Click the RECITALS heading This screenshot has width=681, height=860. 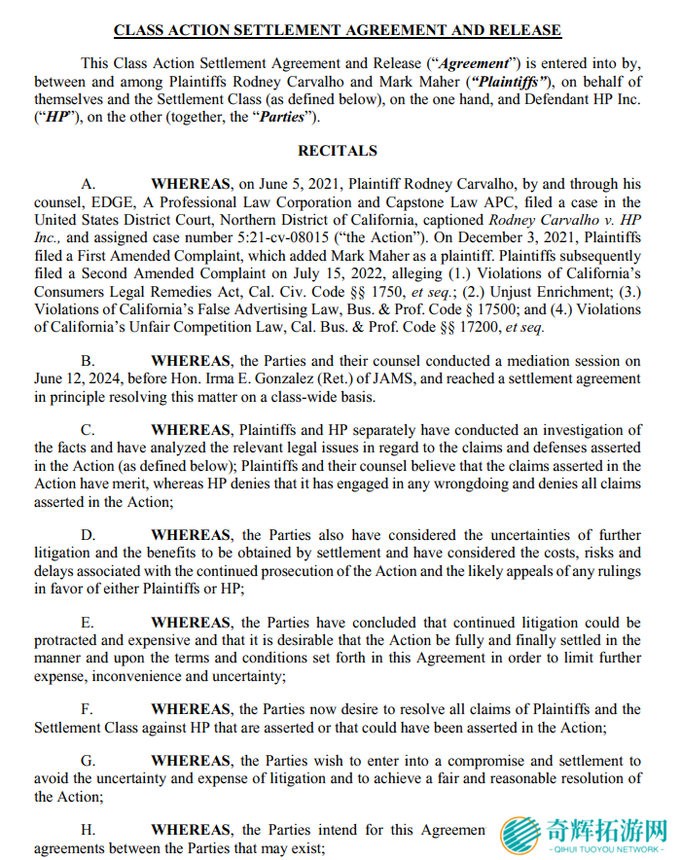coord(338,151)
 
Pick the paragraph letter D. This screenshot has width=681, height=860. coord(88,535)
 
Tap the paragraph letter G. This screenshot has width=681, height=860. coord(88,761)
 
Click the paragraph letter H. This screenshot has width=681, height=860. coord(88,830)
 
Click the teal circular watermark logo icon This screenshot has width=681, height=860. coord(520,836)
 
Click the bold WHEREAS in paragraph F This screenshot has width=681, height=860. coord(192,709)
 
